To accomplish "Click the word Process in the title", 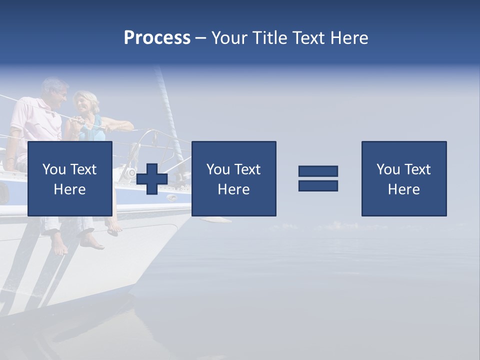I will coord(157,38).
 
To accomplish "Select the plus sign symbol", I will coord(151,178).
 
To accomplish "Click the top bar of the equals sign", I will coord(318,171).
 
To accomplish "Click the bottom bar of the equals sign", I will coord(318,186).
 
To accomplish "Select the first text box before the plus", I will coord(70,178).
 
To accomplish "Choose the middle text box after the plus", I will coord(234,178).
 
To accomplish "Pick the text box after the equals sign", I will coord(404,178).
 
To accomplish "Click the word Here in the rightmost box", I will coord(404,189).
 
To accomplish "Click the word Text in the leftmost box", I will coord(84,169).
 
